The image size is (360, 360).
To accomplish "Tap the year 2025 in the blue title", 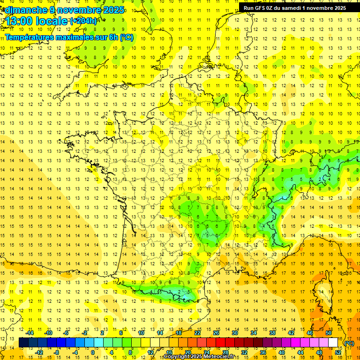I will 112,10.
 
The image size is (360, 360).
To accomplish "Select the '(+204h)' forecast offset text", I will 84,21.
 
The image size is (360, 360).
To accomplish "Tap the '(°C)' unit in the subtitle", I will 126,37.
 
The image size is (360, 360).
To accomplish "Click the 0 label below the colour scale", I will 93,352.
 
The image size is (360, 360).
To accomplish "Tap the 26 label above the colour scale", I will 216,333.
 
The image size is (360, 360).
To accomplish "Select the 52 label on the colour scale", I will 338,352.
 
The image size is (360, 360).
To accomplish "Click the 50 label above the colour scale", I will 329,333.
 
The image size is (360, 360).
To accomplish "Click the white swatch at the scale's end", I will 333,343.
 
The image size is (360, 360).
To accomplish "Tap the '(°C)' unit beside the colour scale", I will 349,343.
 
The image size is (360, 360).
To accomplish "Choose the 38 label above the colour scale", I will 272,333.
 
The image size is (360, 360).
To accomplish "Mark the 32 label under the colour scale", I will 244,352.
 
